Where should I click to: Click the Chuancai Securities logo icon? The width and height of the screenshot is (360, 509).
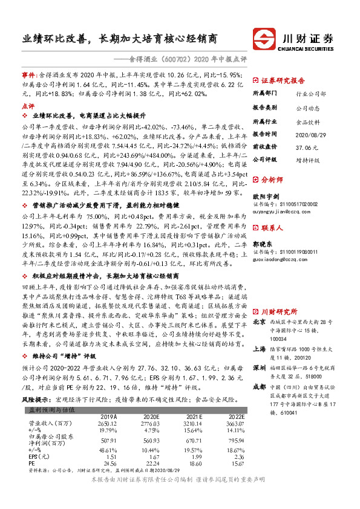(x=264, y=37)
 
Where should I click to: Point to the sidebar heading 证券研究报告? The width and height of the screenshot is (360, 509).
(x=283, y=80)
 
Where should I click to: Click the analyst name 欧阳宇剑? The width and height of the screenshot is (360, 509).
(x=266, y=197)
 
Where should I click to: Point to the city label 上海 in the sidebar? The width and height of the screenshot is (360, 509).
(x=258, y=349)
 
